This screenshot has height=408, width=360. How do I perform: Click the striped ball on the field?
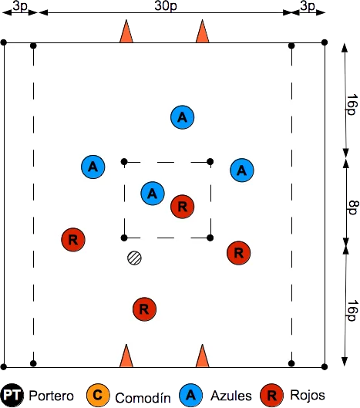[x=134, y=258]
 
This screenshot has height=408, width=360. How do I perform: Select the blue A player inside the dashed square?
[x=153, y=194]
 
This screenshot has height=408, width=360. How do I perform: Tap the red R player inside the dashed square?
[x=183, y=207]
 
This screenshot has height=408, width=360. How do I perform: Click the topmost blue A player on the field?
[x=183, y=117]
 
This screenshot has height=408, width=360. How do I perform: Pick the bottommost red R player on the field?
[x=144, y=309]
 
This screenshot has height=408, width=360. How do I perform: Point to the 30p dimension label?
[x=166, y=5]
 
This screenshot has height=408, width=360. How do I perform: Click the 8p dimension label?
[x=353, y=208]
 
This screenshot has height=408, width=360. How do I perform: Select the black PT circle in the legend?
[x=12, y=396]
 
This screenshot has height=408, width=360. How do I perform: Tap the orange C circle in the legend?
[x=98, y=396]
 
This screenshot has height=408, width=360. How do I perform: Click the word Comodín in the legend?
[x=143, y=398]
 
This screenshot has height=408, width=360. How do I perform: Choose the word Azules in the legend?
[x=231, y=396]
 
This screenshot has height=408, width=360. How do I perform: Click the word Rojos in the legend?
[x=308, y=395]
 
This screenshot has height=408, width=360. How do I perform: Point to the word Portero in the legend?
[x=51, y=396]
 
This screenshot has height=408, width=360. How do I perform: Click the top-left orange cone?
[x=126, y=31]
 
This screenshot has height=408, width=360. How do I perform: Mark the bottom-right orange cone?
[x=203, y=356]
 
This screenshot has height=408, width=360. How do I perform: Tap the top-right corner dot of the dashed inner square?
[x=210, y=162]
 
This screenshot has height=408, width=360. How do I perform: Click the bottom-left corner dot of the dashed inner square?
[x=124, y=238]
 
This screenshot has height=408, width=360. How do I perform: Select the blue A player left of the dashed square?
[x=93, y=167]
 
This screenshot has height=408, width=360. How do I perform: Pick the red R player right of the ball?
[x=239, y=253]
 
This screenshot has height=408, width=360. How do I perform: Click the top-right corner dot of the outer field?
[x=325, y=42]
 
